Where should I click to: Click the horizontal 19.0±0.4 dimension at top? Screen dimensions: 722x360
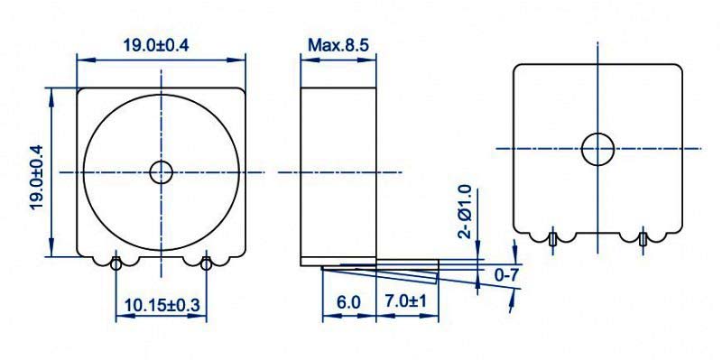pyautogui.click(x=156, y=46)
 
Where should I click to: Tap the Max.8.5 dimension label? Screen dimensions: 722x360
pyautogui.click(x=338, y=45)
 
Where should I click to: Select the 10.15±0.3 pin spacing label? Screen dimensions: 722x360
pyautogui.click(x=162, y=305)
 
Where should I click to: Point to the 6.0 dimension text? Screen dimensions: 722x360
pyautogui.click(x=348, y=302)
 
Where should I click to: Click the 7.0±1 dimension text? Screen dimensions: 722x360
pyautogui.click(x=406, y=302)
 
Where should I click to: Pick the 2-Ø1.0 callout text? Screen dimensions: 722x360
pyautogui.click(x=466, y=211)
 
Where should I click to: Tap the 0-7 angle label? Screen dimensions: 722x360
pyautogui.click(x=506, y=275)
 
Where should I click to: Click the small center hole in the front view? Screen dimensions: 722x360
pyautogui.click(x=162, y=172)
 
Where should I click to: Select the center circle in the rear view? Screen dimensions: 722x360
pyautogui.click(x=597, y=149)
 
